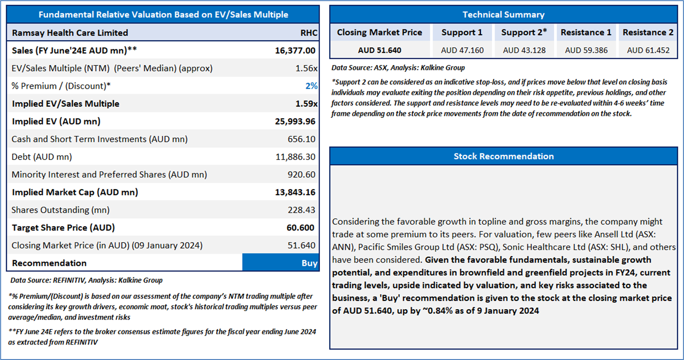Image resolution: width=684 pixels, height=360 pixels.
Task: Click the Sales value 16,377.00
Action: [295, 50]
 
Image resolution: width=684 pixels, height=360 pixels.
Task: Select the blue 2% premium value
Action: [311, 86]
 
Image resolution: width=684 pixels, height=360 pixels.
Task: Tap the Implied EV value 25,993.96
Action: [295, 121]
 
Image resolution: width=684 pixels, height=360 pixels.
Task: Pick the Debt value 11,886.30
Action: [295, 157]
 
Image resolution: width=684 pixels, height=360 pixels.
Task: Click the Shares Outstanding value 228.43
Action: [301, 210]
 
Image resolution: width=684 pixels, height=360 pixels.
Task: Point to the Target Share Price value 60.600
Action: [300, 228]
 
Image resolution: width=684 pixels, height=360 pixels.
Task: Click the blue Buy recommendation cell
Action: [281, 262]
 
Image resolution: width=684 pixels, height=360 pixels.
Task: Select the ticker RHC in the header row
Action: [309, 33]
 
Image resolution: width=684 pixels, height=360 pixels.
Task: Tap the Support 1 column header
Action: [462, 32]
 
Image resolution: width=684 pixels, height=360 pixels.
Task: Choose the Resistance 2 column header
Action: [648, 32]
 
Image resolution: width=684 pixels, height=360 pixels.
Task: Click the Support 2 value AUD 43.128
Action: [524, 50]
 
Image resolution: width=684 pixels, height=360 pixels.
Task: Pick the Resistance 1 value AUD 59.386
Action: [586, 50]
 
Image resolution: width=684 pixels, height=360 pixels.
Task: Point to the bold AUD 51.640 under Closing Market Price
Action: [380, 50]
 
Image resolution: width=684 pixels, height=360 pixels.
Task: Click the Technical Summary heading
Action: [503, 15]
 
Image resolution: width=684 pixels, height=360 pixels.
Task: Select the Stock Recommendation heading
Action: [503, 156]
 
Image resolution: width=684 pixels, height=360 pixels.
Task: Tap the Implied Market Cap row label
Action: [75, 192]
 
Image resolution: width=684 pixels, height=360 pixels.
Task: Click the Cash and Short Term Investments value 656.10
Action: [301, 139]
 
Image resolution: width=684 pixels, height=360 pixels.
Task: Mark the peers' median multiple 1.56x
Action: [306, 68]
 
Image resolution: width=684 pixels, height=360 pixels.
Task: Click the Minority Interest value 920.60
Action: [301, 175]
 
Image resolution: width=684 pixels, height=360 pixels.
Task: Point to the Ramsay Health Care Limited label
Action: [70, 33]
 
